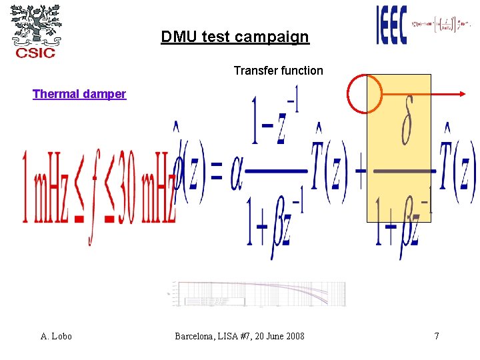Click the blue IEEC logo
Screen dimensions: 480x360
(x=391, y=25)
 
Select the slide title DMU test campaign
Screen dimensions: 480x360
(x=235, y=37)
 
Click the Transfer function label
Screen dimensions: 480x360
(x=278, y=71)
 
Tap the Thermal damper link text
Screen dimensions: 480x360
(x=79, y=94)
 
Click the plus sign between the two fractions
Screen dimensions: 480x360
(x=360, y=177)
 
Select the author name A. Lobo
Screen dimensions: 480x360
(x=56, y=336)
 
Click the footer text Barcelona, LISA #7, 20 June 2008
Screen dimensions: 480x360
(x=239, y=336)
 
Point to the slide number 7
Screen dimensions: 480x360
(x=437, y=336)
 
